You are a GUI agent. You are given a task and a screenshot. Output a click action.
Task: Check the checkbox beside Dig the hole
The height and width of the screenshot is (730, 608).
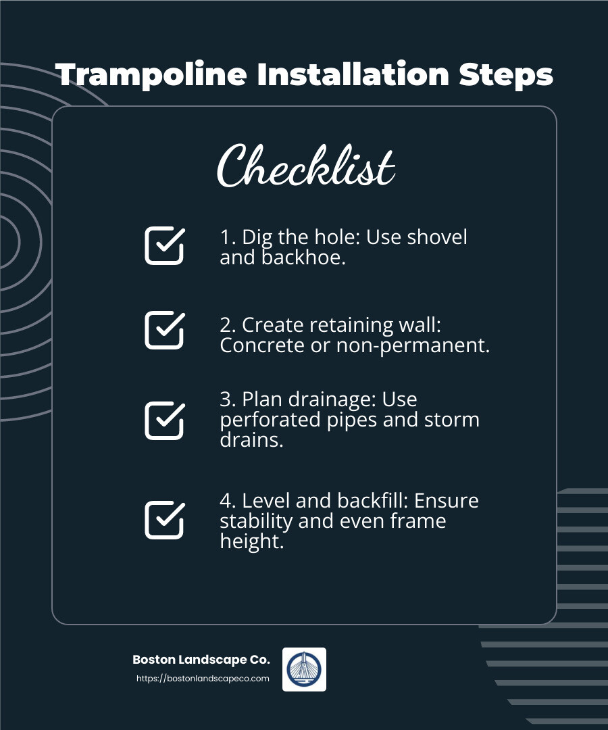coord(164,245)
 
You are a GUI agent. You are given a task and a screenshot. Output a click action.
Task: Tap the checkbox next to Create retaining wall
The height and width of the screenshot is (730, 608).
coord(164,330)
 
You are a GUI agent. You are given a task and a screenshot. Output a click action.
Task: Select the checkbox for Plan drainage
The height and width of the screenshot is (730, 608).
coord(164,420)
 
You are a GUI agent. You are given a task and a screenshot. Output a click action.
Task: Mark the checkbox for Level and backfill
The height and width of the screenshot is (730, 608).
coord(164,520)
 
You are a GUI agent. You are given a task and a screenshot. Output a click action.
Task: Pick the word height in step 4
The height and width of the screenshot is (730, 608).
coord(250,541)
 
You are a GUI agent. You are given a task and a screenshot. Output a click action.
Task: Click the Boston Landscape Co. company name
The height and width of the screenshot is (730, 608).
coord(201,660)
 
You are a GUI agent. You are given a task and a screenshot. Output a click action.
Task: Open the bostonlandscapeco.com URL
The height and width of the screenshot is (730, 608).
coord(203,678)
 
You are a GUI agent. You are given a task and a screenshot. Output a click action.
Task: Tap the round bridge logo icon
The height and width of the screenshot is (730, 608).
coord(304,669)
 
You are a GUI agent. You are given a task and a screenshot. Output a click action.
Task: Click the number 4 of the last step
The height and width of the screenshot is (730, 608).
coord(226,501)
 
